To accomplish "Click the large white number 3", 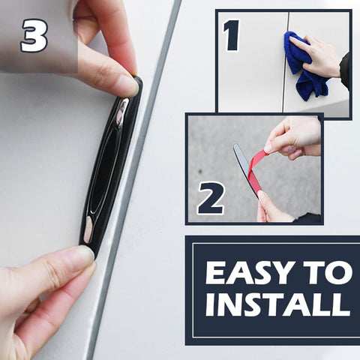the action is [34, 35].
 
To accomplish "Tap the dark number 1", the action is [232, 35].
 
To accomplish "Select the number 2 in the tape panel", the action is [211, 198].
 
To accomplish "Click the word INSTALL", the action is [278, 304].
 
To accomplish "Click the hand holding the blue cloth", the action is [323, 55].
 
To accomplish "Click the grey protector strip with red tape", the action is [245, 170].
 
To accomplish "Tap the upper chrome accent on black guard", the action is [122, 113].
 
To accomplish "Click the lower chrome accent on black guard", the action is [88, 229].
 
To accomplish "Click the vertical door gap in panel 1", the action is [286, 62].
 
